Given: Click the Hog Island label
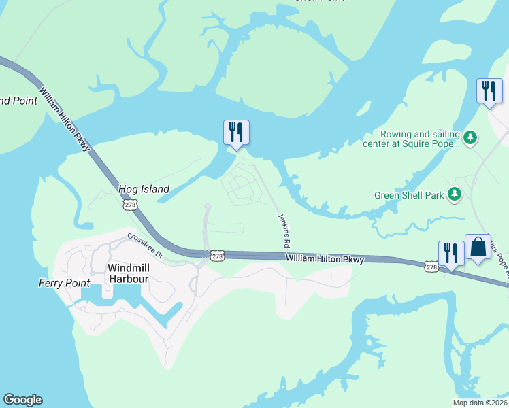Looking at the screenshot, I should [144, 190].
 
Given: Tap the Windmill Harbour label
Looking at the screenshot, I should [137, 268].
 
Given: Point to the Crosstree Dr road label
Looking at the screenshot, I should [145, 245].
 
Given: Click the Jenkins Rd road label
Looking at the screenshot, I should [284, 230].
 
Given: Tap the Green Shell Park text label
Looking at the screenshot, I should [409, 196].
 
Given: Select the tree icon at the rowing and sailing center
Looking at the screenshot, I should [470, 139].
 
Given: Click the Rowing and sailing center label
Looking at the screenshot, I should [420, 139].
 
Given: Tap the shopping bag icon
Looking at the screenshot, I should [478, 248].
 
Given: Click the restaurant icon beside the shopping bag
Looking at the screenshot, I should [451, 254].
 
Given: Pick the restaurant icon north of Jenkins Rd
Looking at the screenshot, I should [236, 132].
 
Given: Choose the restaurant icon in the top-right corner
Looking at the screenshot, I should [489, 91].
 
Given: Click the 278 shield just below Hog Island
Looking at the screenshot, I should [129, 204].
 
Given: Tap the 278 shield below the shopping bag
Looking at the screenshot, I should [431, 267].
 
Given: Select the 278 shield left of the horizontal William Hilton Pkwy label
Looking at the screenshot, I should [216, 256].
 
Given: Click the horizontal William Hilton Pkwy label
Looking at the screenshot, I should [325, 259].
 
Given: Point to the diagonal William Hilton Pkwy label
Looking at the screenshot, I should [65, 120].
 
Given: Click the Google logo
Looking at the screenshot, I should [22, 400].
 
